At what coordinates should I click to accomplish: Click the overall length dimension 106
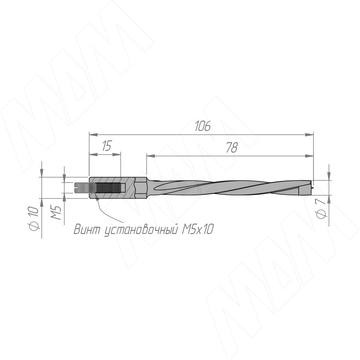203,126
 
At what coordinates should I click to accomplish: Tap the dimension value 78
232,148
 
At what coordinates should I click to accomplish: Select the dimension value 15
106,146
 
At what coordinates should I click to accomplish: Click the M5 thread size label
55,212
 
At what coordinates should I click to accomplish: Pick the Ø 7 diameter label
321,208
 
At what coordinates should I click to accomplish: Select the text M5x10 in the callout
198,229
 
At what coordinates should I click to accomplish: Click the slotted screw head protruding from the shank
82,188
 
